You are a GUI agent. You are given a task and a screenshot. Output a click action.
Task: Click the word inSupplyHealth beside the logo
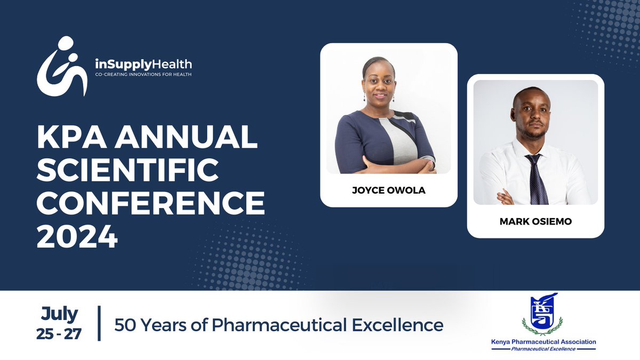(x=143, y=65)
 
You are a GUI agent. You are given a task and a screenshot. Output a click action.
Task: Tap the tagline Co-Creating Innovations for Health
(x=143, y=75)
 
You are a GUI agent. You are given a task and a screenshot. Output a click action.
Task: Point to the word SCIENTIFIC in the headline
(x=127, y=170)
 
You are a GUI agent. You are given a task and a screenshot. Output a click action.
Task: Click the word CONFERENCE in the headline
(x=151, y=203)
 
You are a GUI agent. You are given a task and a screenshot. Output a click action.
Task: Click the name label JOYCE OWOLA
(x=389, y=190)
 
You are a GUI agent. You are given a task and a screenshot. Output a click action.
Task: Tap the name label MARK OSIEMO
(x=535, y=221)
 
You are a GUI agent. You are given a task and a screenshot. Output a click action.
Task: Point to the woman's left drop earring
(x=365, y=97)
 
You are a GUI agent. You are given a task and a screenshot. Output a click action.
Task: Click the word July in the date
(x=59, y=315)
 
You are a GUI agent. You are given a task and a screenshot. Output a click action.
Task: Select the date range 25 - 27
(x=59, y=334)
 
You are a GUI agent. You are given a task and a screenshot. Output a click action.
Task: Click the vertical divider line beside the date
(x=99, y=323)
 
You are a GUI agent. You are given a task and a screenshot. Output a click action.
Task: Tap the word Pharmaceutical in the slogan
(x=279, y=325)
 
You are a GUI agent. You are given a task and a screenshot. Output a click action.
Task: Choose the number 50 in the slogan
(x=125, y=325)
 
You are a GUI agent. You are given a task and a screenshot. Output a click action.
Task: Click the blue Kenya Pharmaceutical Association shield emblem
(x=542, y=314)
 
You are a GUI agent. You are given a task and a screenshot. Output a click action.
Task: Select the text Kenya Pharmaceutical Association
(x=543, y=342)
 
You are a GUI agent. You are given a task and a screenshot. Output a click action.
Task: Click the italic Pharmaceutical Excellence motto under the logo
(x=543, y=349)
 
